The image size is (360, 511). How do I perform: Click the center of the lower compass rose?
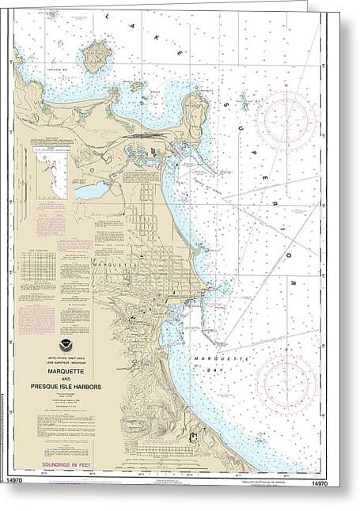[286, 380]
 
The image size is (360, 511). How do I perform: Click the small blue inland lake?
[92, 191]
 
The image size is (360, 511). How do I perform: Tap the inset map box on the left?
[49, 171]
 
